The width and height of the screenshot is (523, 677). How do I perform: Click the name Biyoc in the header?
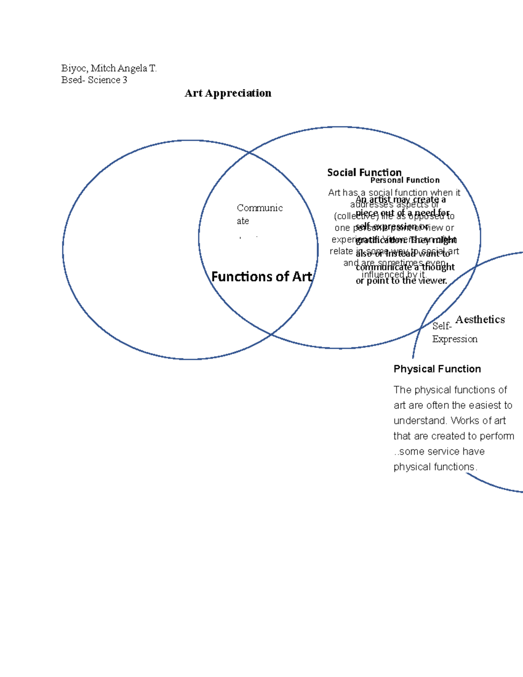tap(74, 68)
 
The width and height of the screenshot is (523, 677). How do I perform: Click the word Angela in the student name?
tap(132, 68)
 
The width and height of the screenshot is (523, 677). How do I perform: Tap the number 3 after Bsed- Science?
tap(125, 80)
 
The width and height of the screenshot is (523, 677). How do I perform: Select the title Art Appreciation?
tap(228, 93)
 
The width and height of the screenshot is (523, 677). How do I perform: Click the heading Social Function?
tap(364, 173)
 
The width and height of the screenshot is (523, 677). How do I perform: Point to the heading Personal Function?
tap(405, 180)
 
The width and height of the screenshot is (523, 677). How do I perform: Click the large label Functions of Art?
tap(261, 277)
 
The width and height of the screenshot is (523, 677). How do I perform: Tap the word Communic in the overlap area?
tap(260, 208)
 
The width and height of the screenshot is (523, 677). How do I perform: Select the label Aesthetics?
tap(480, 320)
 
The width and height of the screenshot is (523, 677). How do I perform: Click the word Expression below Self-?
tap(455, 339)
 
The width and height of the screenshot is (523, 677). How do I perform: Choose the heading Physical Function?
tap(437, 369)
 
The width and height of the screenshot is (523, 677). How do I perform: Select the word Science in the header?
tap(104, 80)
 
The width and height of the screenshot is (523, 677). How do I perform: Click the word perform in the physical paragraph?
tap(497, 436)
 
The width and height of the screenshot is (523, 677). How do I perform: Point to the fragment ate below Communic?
tap(243, 221)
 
